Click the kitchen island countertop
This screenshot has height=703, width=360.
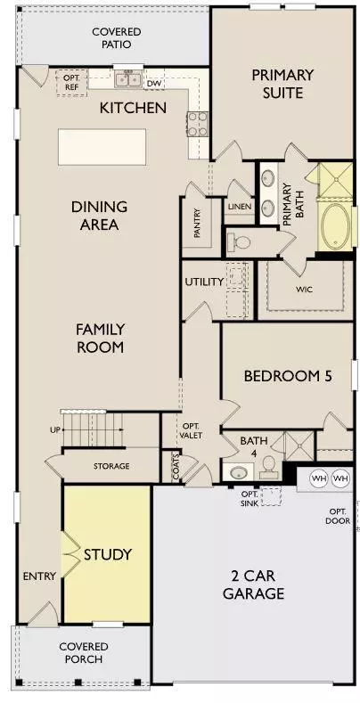click(102, 147)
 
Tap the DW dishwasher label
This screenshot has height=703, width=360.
click(154, 84)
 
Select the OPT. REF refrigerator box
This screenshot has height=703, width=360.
click(71, 83)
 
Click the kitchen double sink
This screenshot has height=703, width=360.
click(128, 79)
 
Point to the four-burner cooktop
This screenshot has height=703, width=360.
click(198, 124)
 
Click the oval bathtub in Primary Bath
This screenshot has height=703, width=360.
click(335, 226)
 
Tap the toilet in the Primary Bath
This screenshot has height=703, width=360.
click(239, 242)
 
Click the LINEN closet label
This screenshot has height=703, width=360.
click(240, 207)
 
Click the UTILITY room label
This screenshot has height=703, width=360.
click(204, 282)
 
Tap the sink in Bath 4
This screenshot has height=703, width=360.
click(238, 472)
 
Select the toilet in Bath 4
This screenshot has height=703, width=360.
click(268, 466)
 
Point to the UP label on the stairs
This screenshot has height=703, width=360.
click(55, 429)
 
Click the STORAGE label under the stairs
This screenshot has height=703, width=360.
click(111, 466)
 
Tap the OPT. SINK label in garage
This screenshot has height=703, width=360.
click(250, 499)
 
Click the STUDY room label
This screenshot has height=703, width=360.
click(108, 554)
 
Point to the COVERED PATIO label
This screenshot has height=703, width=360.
click(117, 38)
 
